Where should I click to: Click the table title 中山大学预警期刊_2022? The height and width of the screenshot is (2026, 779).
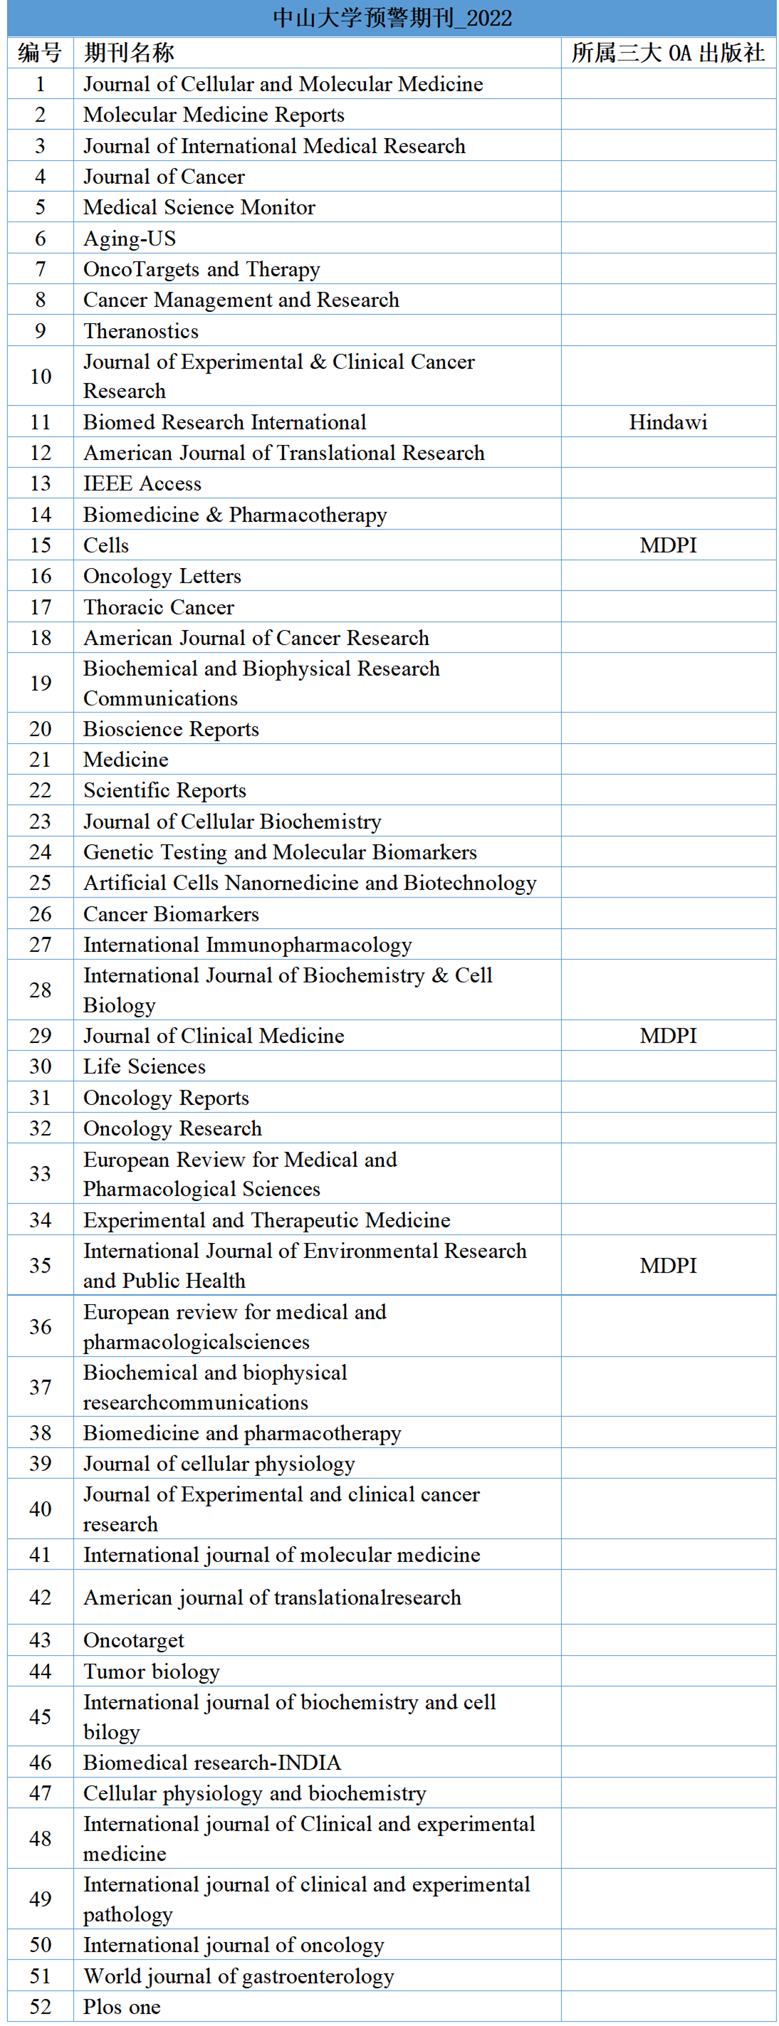tap(392, 18)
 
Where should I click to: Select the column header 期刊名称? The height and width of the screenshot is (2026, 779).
tap(129, 53)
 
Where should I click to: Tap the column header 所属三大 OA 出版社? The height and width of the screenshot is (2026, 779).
tap(667, 53)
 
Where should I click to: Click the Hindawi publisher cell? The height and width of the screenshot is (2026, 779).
tap(667, 422)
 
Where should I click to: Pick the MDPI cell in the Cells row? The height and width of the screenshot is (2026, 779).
tap(667, 545)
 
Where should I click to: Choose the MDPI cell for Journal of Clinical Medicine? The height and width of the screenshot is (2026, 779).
tap(667, 1036)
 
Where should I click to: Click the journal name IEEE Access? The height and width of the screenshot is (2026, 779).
tap(142, 483)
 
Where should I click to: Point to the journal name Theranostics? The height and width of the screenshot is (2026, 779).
tap(141, 331)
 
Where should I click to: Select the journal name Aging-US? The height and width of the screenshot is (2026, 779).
tap(130, 238)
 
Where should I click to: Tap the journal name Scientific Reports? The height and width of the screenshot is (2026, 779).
tap(164, 790)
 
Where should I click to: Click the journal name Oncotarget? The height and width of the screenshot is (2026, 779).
tap(134, 1640)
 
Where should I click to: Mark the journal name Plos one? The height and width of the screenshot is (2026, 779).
tap(122, 2006)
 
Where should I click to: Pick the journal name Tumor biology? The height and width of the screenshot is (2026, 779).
tap(151, 1671)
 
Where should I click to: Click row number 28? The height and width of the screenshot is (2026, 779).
tap(40, 990)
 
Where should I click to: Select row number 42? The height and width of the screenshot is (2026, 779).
tap(40, 1597)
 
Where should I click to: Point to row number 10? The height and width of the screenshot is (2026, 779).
tap(40, 377)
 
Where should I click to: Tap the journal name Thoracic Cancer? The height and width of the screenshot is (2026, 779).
tap(159, 607)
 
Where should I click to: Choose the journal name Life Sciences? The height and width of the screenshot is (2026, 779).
tap(145, 1066)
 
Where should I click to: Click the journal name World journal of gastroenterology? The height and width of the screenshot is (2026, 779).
tap(239, 1975)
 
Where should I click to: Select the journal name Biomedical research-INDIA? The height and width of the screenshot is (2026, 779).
tap(212, 1763)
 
